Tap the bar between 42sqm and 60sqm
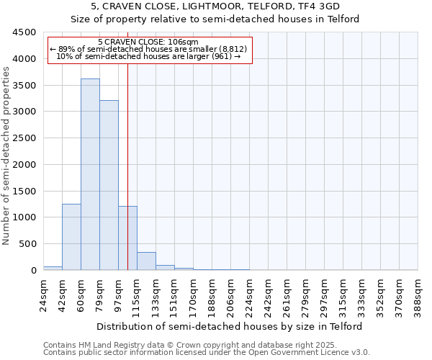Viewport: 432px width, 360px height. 71,237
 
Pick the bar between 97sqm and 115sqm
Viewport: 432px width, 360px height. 127,238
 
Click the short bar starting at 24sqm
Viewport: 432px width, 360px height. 53,268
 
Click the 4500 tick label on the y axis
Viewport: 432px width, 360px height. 24,32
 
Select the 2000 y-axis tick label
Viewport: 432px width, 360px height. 24,165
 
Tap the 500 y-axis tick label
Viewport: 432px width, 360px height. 27,244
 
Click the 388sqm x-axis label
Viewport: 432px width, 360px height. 419,294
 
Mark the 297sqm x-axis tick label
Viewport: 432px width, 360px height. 325,294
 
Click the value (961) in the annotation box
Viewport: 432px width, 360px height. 220,56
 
